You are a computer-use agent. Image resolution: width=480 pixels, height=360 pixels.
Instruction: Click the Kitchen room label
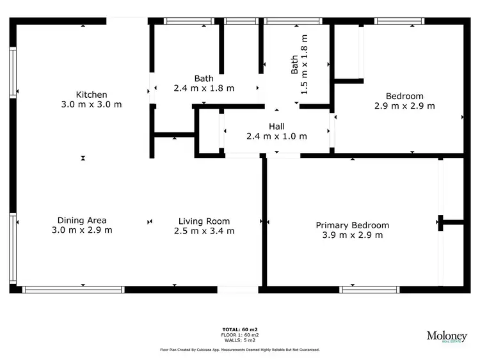92,95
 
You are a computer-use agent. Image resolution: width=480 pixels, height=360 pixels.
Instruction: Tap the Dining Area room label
82,221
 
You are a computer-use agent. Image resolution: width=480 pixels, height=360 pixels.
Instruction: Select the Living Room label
204,221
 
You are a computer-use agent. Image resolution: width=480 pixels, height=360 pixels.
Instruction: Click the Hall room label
276,127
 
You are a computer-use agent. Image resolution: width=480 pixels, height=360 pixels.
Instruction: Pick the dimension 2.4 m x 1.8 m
204,88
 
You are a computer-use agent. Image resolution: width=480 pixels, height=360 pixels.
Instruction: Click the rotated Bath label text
294,64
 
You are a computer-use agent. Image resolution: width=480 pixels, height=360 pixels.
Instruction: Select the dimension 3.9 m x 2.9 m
352,235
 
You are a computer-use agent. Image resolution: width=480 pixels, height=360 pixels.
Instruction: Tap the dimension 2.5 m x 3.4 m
204,231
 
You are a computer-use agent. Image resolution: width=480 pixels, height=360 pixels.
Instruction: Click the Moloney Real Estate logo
447,336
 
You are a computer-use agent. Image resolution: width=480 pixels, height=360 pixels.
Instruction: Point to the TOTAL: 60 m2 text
240,330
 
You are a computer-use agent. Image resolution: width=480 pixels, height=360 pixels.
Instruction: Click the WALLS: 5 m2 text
240,340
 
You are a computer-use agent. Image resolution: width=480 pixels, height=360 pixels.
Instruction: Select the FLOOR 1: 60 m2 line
240,335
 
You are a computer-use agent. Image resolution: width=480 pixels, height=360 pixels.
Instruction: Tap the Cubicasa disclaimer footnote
240,350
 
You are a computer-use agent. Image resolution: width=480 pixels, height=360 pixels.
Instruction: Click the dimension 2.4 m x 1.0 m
276,136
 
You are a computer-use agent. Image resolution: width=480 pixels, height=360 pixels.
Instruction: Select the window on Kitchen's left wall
13,74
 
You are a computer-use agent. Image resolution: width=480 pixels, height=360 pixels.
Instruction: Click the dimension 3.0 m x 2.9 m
82,230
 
